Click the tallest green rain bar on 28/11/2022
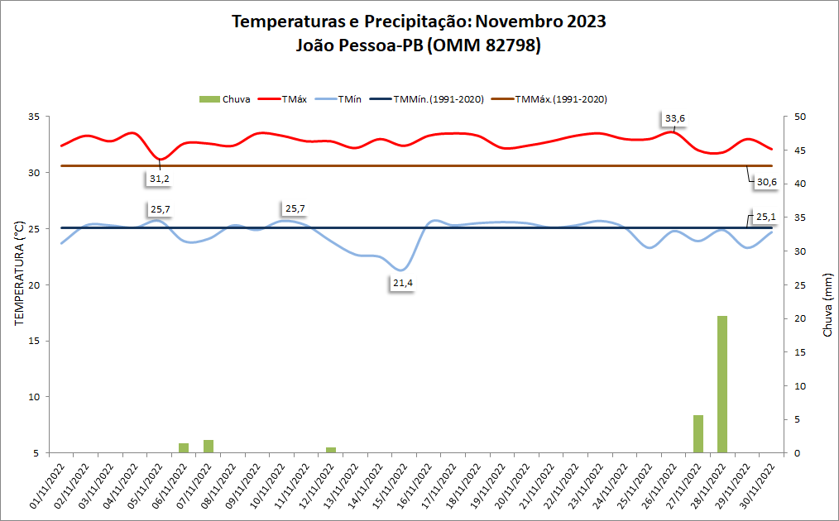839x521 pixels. click(x=722, y=385)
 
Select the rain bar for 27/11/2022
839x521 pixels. click(x=698, y=433)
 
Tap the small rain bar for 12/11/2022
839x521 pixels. click(x=331, y=450)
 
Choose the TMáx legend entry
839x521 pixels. click(x=285, y=99)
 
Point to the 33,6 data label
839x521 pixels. click(x=675, y=118)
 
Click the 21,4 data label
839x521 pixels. click(x=402, y=284)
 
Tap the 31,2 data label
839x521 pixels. click(x=160, y=178)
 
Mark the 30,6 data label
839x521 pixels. click(x=766, y=182)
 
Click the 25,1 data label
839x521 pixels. click(x=765, y=217)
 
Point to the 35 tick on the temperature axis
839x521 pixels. click(x=35, y=117)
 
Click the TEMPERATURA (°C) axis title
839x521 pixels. click(x=19, y=274)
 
